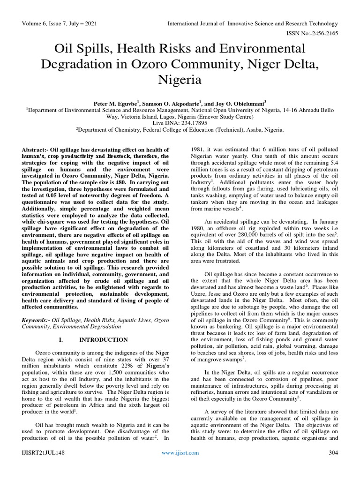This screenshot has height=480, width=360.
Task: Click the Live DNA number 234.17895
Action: point(192,122)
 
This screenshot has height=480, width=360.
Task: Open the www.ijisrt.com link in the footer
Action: point(180,466)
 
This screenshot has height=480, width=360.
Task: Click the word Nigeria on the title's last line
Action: point(180,80)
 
